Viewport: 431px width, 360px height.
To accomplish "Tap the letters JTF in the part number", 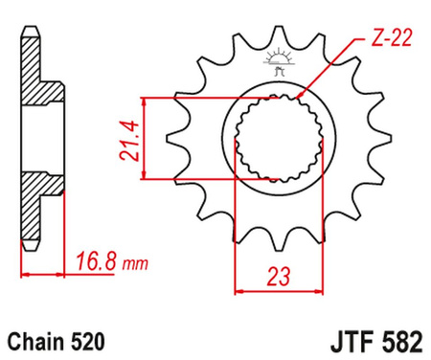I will tap(336, 340).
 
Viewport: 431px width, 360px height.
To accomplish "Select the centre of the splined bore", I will tap(279, 139).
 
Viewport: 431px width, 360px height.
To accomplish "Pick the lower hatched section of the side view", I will tap(36, 206).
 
